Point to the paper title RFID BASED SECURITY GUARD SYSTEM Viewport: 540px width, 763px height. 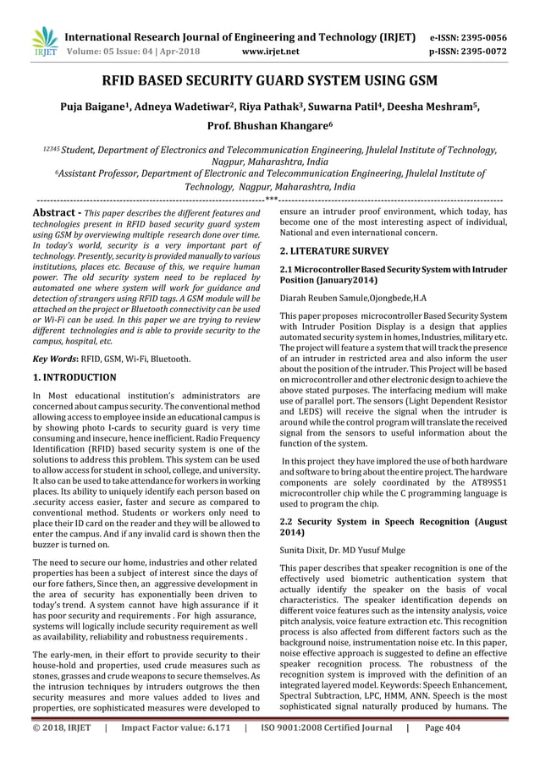click(x=269, y=83)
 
